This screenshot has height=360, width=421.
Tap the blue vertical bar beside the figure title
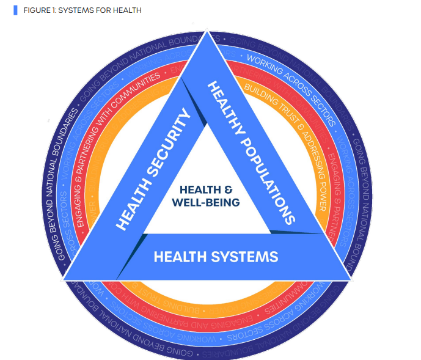point(15,11)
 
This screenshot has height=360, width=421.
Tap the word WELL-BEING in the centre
point(205,202)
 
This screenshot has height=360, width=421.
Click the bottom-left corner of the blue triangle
point(65,278)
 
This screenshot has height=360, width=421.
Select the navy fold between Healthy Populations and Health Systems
point(293,232)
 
